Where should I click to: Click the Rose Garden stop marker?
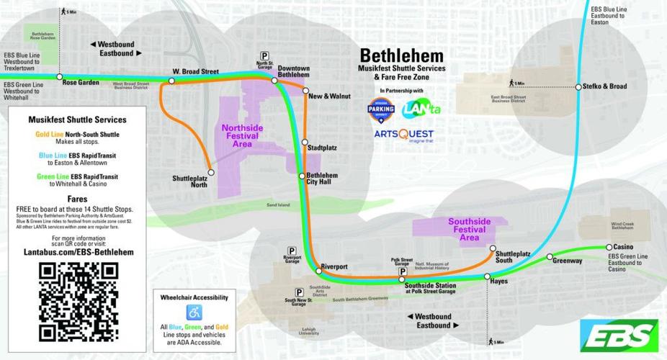click(60, 76)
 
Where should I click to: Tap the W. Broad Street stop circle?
click(171, 81)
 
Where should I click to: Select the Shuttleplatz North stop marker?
click(211, 172)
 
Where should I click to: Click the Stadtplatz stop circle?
click(305, 143)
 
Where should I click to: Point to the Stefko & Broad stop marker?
click(578, 87)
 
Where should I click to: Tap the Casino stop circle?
click(599, 247)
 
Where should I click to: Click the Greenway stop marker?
click(550, 256)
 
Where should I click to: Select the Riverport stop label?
click(334, 266)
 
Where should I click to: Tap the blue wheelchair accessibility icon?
click(193, 312)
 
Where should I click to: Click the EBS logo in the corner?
click(619, 334)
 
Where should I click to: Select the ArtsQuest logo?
click(404, 135)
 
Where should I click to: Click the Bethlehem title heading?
click(401, 55)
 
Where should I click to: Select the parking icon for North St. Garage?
click(264, 55)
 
